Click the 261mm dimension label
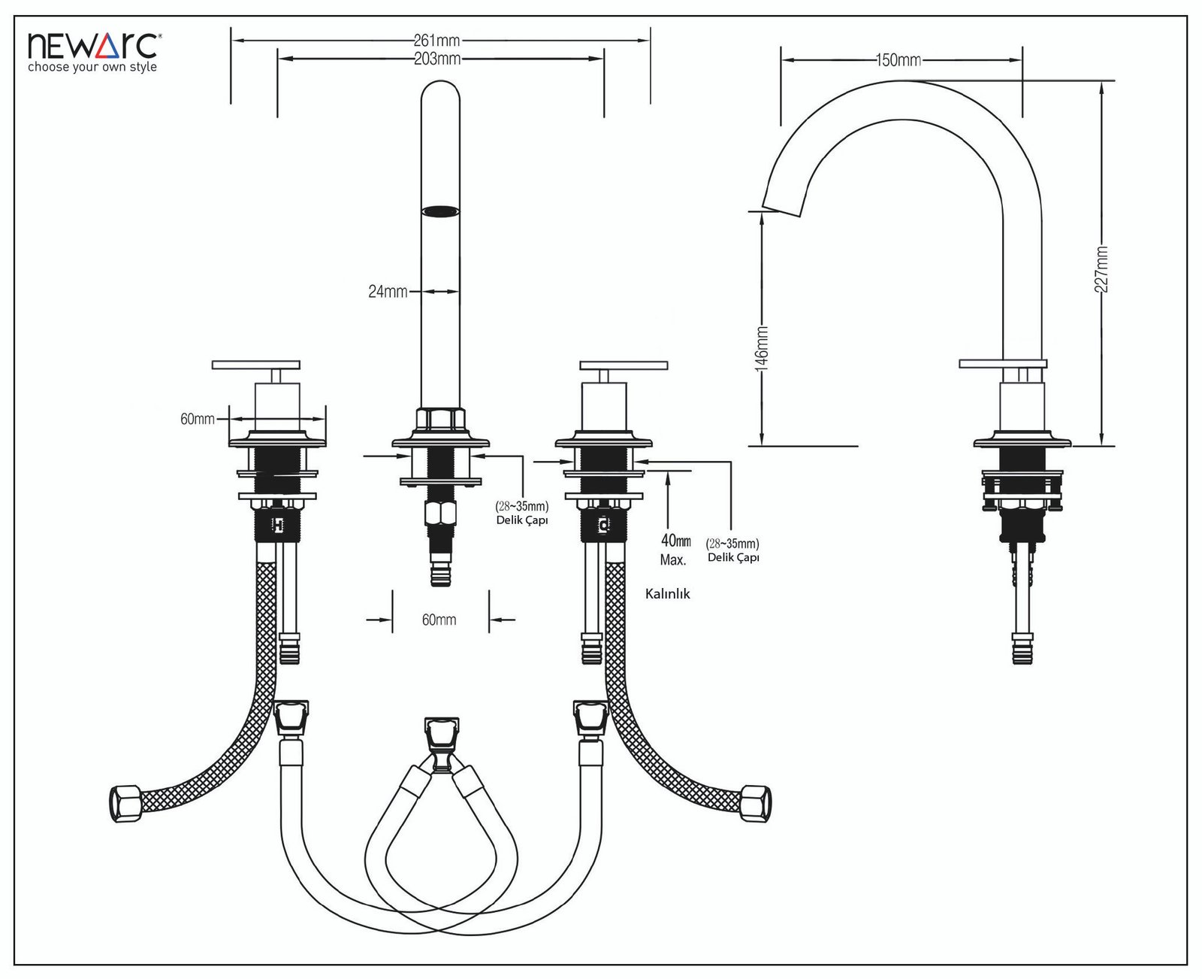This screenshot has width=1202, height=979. [x=436, y=41]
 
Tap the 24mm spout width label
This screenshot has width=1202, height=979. [x=388, y=292]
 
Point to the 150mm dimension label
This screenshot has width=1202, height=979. [x=898, y=60]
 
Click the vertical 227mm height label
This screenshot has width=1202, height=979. [x=1101, y=269]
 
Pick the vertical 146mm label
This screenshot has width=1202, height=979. [x=762, y=349]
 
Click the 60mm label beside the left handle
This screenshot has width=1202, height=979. [x=198, y=419]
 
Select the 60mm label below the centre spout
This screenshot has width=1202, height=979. [x=439, y=620]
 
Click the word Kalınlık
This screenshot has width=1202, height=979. [x=668, y=594]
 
